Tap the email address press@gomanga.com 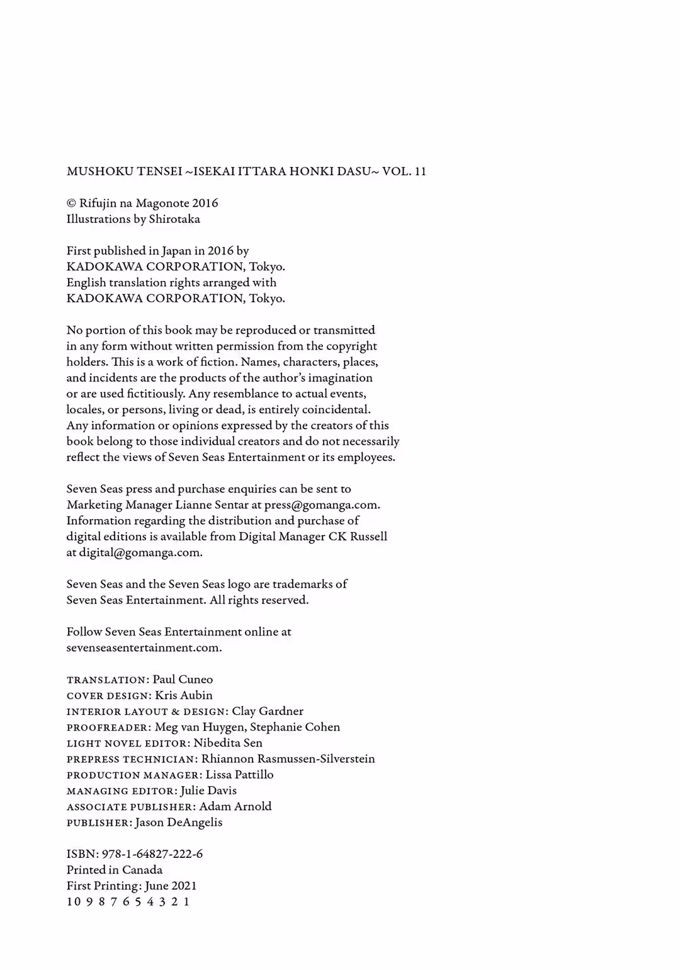pos(322,505)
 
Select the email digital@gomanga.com pos(140,552)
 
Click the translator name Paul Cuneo pos(183,680)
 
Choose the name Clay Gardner pos(268,711)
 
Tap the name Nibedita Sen pos(228,743)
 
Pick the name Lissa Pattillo pos(239,775)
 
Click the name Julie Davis pos(208,790)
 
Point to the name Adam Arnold pos(235,806)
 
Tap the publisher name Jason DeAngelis pos(178,823)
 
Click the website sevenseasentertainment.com pos(144,648)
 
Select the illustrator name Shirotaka pos(174,219)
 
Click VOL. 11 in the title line pos(404,171)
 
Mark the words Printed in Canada pos(115,870)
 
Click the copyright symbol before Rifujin pos(71,203)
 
